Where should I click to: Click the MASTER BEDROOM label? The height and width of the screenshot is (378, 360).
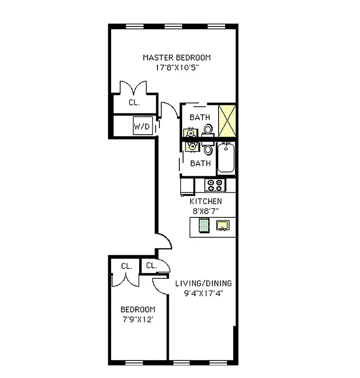[176, 58]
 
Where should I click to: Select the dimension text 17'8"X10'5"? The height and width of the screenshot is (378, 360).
[176, 67]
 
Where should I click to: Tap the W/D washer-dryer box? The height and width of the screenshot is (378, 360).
[141, 127]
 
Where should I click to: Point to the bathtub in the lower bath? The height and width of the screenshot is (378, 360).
[227, 158]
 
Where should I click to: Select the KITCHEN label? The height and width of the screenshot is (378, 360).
[205, 201]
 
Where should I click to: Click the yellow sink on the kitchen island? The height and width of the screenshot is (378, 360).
[222, 225]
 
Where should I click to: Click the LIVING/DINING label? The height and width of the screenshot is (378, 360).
[203, 283]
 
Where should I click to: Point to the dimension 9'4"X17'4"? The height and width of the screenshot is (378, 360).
[203, 293]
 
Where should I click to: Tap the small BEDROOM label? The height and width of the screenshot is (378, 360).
[138, 309]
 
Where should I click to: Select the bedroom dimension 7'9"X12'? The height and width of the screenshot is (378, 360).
[138, 319]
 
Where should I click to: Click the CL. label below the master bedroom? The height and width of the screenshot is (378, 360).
[134, 103]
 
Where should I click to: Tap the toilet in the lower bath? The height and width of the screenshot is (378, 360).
[208, 150]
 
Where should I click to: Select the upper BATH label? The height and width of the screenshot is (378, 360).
[200, 117]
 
